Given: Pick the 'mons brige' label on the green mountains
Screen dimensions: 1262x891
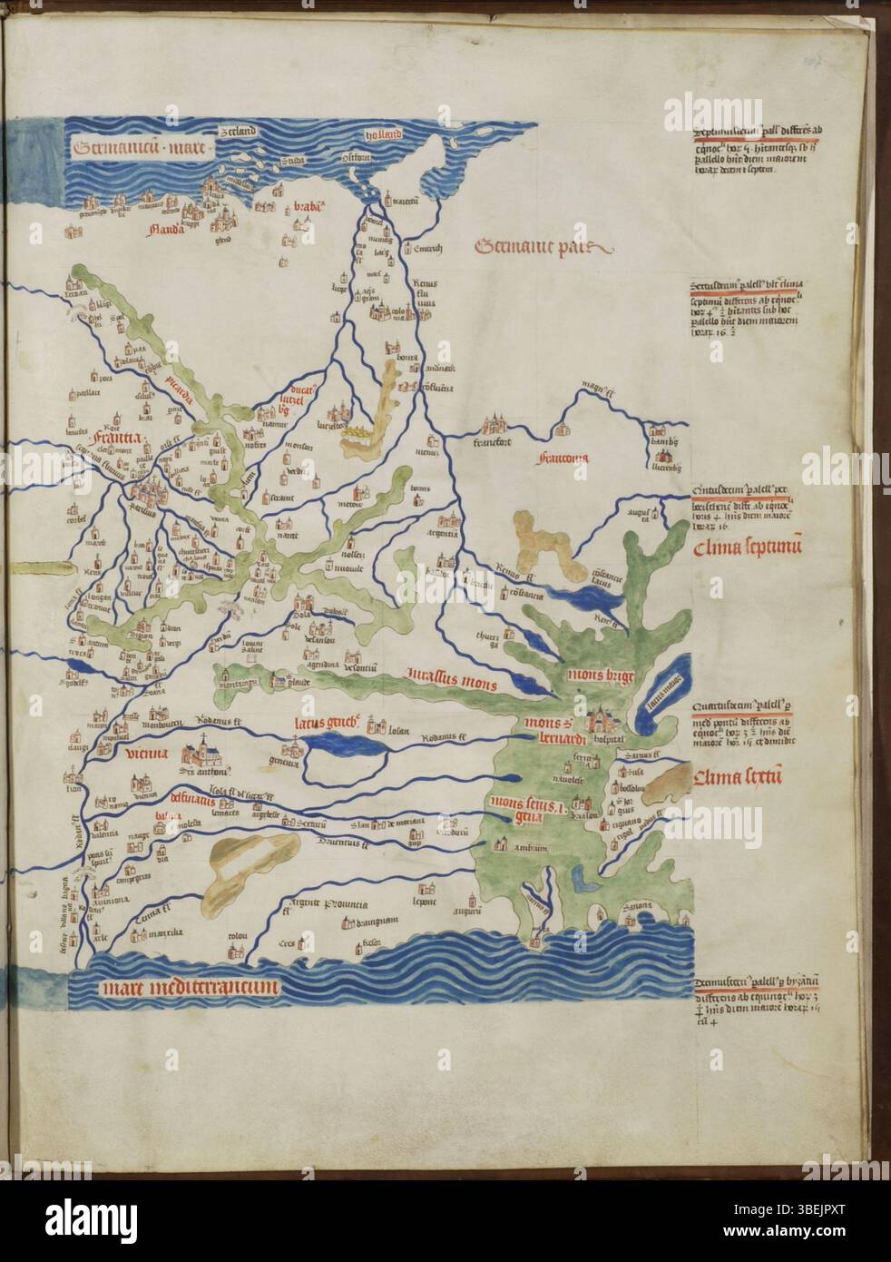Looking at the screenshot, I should point(596,676).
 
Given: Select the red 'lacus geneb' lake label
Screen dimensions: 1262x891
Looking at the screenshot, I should point(328,724).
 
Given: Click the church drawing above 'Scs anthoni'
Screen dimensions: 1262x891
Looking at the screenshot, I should point(204,752).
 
